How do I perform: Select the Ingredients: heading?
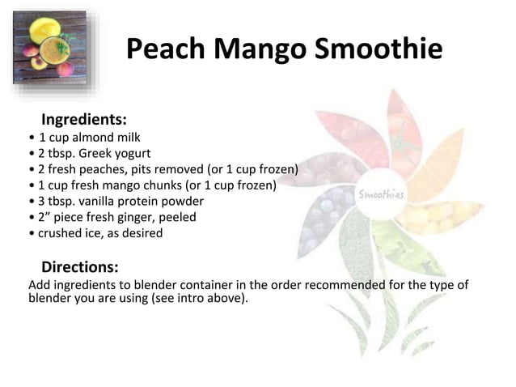[84, 121]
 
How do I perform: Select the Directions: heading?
[80, 266]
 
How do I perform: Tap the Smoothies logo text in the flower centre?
[382, 194]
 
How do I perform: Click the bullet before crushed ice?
[30, 233]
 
